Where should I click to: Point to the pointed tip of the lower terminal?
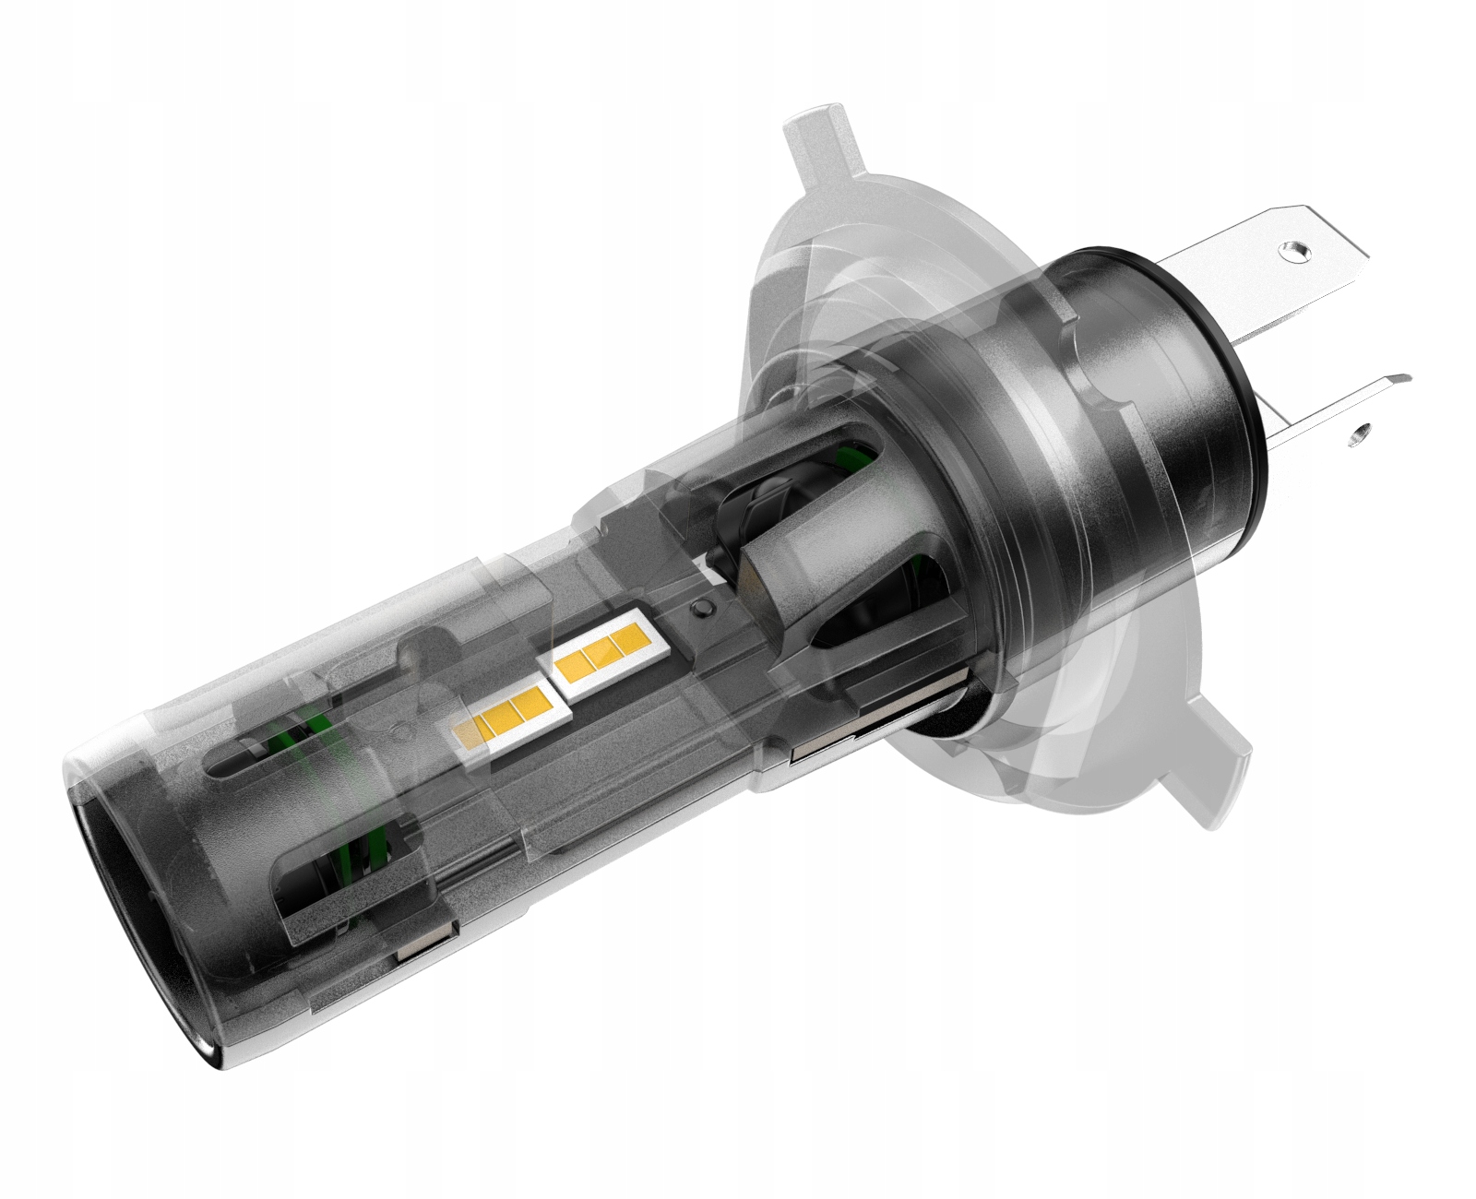[1404, 376]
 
